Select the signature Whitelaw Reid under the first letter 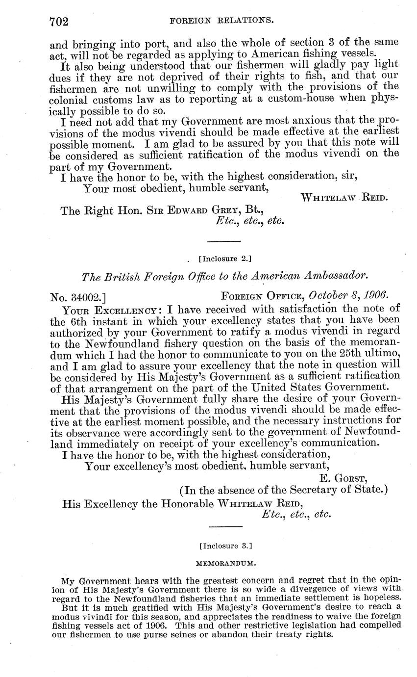click(x=344, y=198)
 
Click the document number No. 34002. click(x=78, y=296)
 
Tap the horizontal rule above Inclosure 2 click(x=225, y=241)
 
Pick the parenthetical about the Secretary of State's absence click(x=284, y=490)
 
